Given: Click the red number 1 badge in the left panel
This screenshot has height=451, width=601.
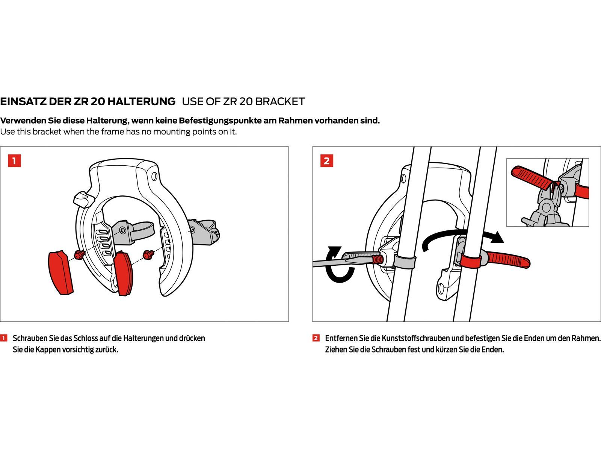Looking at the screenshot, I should pyautogui.click(x=14, y=161).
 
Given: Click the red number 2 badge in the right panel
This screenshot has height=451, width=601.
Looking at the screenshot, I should pyautogui.click(x=326, y=161).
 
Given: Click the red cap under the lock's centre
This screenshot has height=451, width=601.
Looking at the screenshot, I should pyautogui.click(x=123, y=273).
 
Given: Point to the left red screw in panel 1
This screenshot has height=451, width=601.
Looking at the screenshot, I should pyautogui.click(x=79, y=255).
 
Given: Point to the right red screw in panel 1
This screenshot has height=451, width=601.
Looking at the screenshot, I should pyautogui.click(x=148, y=255).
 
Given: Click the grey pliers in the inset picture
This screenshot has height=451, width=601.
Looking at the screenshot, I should pyautogui.click(x=545, y=210).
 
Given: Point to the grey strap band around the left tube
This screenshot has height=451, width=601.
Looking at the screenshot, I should pyautogui.click(x=405, y=261).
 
